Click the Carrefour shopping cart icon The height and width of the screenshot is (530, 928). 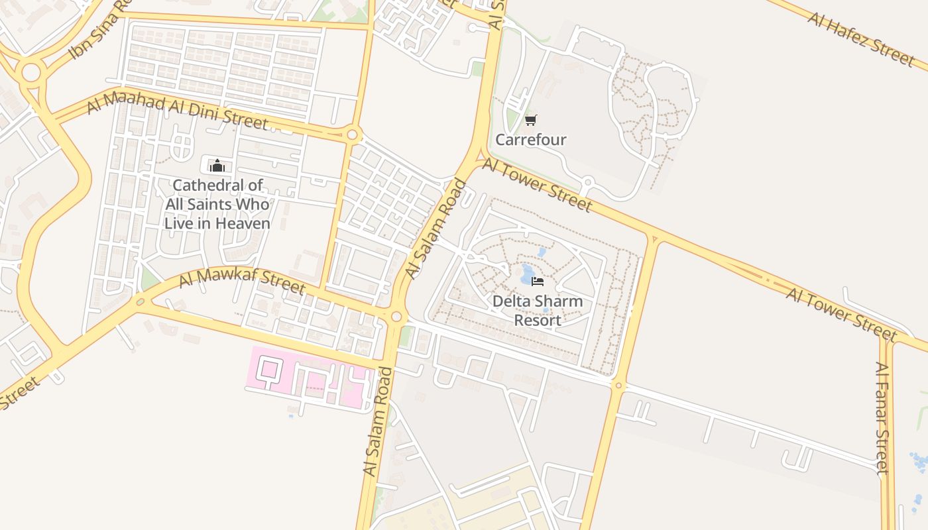pos(530,120)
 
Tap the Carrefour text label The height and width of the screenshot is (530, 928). pos(531,140)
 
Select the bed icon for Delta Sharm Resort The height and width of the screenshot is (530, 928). pos(538,282)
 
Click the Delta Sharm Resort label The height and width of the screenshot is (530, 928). pos(538,311)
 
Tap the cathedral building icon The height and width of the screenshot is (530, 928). pos(217,165)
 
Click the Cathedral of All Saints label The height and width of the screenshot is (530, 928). pos(217,204)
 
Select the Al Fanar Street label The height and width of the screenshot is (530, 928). pos(881,418)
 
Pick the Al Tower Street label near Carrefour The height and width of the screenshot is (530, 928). pos(536,185)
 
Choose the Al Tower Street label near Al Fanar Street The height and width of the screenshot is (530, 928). pos(841,315)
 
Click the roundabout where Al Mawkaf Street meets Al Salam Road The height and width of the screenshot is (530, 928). pos(396,317)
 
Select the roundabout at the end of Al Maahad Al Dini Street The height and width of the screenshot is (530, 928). pos(352,135)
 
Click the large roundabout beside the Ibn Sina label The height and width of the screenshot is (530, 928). pos(30,73)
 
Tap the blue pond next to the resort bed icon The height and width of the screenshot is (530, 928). pos(528,272)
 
